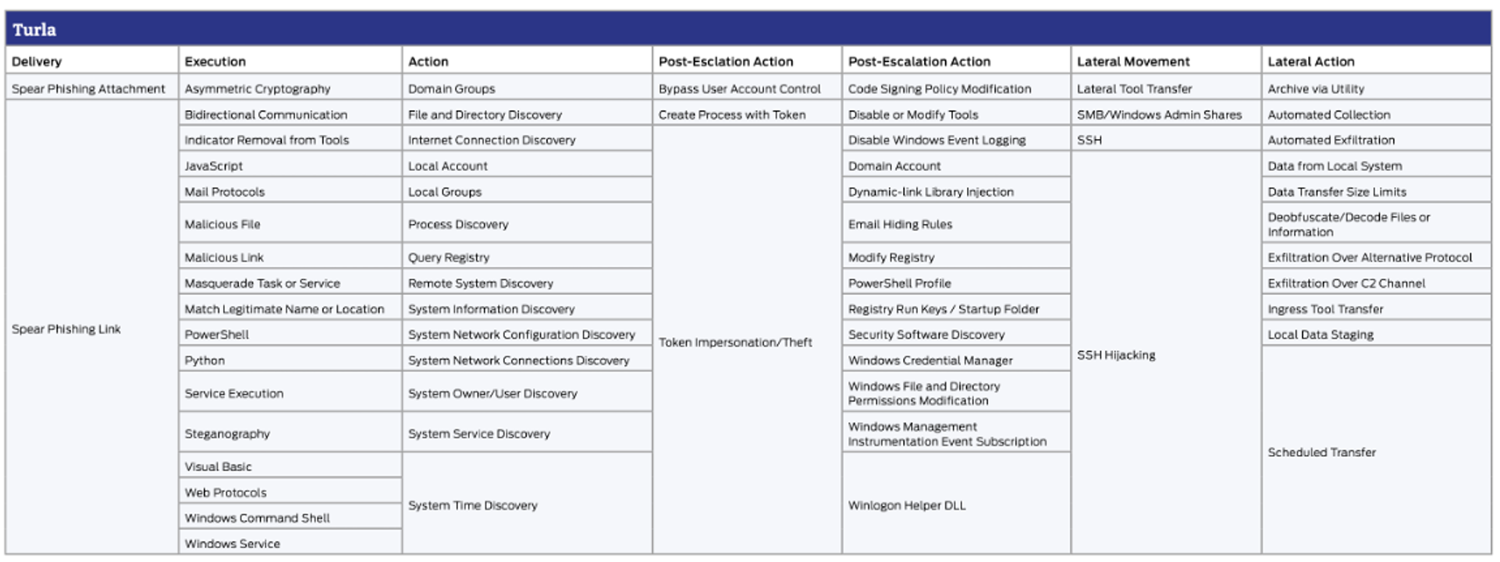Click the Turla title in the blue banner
[34, 30]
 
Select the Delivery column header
[37, 62]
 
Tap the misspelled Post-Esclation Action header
[725, 62]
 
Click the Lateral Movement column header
[1132, 62]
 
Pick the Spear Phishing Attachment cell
[88, 89]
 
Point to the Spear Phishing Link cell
[66, 329]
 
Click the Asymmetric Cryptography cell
[258, 89]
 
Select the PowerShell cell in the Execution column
[217, 335]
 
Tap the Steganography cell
[227, 434]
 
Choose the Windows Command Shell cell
[257, 518]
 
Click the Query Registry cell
[449, 258]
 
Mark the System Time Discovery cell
[472, 506]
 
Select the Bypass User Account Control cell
[739, 89]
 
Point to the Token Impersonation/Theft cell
[735, 343]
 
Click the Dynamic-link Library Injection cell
[930, 192]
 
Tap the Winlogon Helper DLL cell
[907, 506]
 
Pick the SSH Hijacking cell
[1116, 355]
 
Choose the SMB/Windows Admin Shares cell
[1159, 115]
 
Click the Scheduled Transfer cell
[1321, 453]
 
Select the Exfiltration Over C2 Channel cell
[1346, 283]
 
